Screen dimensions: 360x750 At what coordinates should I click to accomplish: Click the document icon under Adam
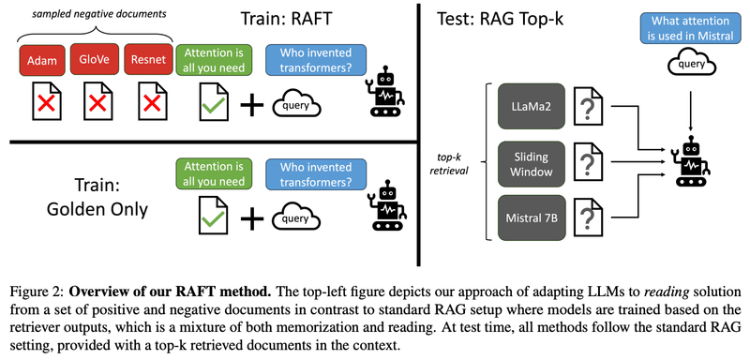41,102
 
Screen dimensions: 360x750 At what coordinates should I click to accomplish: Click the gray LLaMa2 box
530,106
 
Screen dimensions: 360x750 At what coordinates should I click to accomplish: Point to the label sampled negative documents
89,13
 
